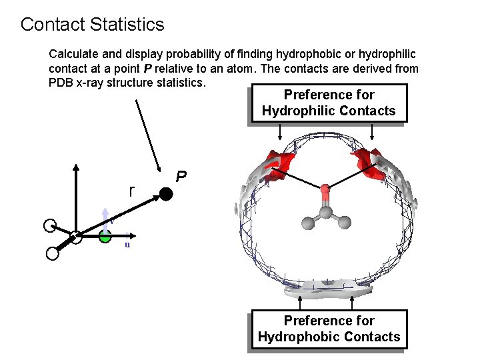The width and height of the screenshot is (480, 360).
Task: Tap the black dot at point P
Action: [x=165, y=195]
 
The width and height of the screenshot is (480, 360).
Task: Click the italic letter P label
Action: [x=181, y=177]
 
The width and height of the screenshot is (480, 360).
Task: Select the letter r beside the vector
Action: [x=132, y=191]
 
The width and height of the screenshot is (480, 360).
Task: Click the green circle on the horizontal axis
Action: [x=105, y=235]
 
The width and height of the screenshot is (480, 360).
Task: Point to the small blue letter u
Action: [x=127, y=245]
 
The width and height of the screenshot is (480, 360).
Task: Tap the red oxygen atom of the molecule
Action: [x=325, y=191]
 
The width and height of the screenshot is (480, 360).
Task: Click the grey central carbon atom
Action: [x=325, y=212]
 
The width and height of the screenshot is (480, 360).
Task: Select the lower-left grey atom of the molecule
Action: [x=307, y=223]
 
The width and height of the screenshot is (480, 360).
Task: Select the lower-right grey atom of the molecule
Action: [x=343, y=223]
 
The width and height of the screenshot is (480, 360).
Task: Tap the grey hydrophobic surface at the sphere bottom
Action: [x=327, y=288]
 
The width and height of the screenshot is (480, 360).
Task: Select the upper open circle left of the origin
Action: [x=49, y=225]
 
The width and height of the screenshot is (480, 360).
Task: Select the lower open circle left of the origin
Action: [x=52, y=253]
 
